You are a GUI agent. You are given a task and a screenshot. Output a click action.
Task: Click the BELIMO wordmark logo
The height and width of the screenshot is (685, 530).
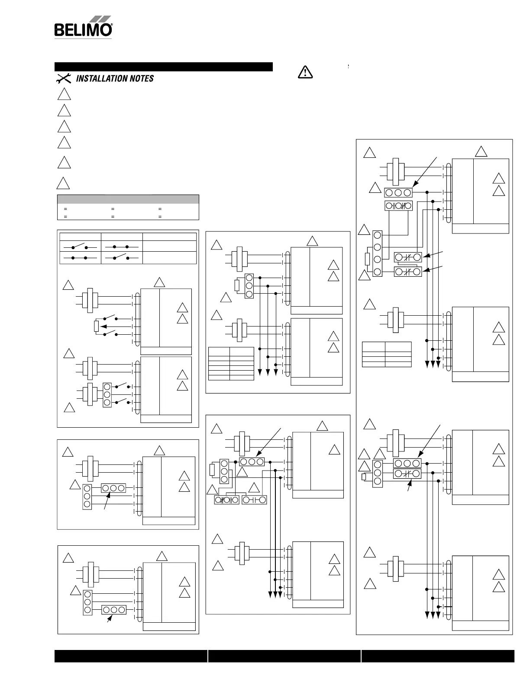pos(82,30)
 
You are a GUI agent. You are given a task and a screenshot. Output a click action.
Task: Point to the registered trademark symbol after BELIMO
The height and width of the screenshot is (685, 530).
pos(112,26)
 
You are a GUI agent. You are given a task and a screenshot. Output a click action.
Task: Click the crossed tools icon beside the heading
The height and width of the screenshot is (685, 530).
pos(64,78)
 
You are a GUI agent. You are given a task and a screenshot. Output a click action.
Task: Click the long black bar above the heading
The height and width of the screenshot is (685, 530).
pos(163,67)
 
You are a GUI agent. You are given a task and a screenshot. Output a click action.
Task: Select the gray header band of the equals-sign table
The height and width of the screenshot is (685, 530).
pos(128,199)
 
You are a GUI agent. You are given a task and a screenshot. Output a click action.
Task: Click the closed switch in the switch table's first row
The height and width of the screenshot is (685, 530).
pos(121,246)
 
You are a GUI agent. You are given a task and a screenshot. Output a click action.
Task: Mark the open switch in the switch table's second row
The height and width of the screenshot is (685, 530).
pos(121,257)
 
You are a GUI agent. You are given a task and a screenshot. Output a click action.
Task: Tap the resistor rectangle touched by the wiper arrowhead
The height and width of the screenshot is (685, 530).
pos(96,326)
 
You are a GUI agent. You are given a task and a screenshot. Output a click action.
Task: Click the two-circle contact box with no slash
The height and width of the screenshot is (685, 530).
pos(254,500)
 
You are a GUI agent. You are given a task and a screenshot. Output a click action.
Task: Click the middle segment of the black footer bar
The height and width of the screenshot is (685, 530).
pos(284,656)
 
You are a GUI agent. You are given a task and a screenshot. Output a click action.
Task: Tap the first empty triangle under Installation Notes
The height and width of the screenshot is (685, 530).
pos(64,94)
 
